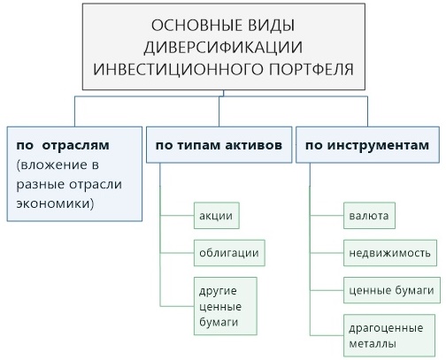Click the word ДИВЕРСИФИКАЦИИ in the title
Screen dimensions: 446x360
click(223, 47)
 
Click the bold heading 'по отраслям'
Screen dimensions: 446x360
click(63, 145)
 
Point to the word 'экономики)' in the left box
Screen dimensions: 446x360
click(55, 203)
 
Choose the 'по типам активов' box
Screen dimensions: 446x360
click(219, 145)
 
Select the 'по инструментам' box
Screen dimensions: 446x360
click(367, 145)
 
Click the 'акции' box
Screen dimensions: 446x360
click(217, 216)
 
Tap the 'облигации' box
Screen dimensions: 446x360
click(229, 253)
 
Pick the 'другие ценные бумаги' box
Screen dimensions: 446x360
click(226, 306)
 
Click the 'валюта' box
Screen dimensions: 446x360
click(369, 216)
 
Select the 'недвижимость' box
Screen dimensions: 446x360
click(390, 253)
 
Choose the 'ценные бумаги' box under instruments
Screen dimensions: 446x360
click(392, 290)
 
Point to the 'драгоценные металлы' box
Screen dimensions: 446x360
click(389, 335)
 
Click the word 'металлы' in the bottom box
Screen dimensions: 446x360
click(373, 344)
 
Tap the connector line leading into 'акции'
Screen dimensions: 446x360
click(177, 216)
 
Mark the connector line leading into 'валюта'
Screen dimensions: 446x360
click(327, 216)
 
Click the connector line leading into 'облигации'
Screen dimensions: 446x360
click(177, 253)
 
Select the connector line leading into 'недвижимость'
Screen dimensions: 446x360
click(327, 253)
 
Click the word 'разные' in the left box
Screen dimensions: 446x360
click(41, 185)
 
